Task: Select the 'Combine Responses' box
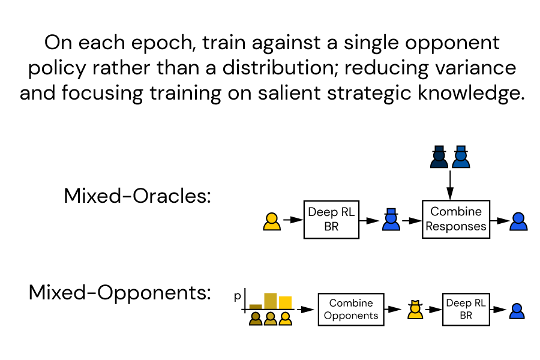point(456,219)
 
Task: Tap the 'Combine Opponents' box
point(351,309)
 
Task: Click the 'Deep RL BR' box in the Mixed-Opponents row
point(466,309)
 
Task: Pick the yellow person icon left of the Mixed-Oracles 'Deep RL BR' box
point(272,221)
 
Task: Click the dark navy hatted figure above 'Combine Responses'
point(440,157)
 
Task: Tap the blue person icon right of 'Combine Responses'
point(518,221)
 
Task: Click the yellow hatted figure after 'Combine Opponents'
point(414,310)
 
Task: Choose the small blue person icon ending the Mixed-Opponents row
point(517,311)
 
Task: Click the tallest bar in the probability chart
point(271,301)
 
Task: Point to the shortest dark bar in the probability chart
point(256,306)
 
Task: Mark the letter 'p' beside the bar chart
point(238,296)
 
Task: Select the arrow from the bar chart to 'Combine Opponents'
point(305,310)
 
